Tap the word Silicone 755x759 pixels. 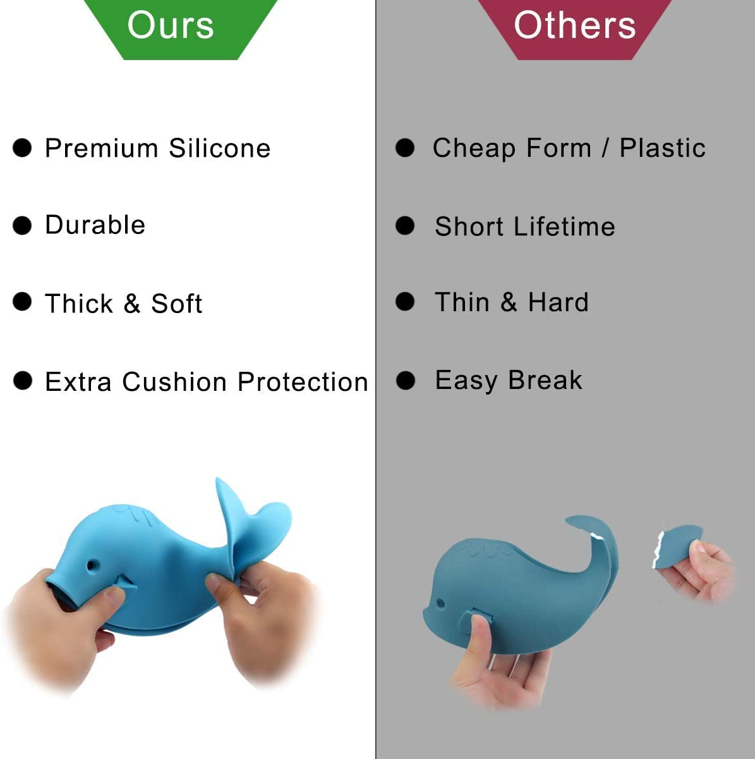pyautogui.click(x=220, y=148)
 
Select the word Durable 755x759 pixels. pyautogui.click(x=95, y=225)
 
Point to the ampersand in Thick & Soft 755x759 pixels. pyautogui.click(x=131, y=303)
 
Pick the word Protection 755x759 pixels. pyautogui.click(x=303, y=381)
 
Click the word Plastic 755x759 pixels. pyautogui.click(x=662, y=147)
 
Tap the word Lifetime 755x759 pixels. pyautogui.click(x=564, y=226)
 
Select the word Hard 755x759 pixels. pyautogui.click(x=558, y=302)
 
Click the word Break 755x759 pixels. pyautogui.click(x=545, y=380)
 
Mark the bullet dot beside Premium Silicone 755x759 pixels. pyautogui.click(x=22, y=148)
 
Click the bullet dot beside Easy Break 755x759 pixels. pyautogui.click(x=405, y=380)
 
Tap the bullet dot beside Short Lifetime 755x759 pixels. pyautogui.click(x=405, y=226)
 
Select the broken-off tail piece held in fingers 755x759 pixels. pyautogui.click(x=677, y=545)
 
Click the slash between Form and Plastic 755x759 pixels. pyautogui.click(x=605, y=148)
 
